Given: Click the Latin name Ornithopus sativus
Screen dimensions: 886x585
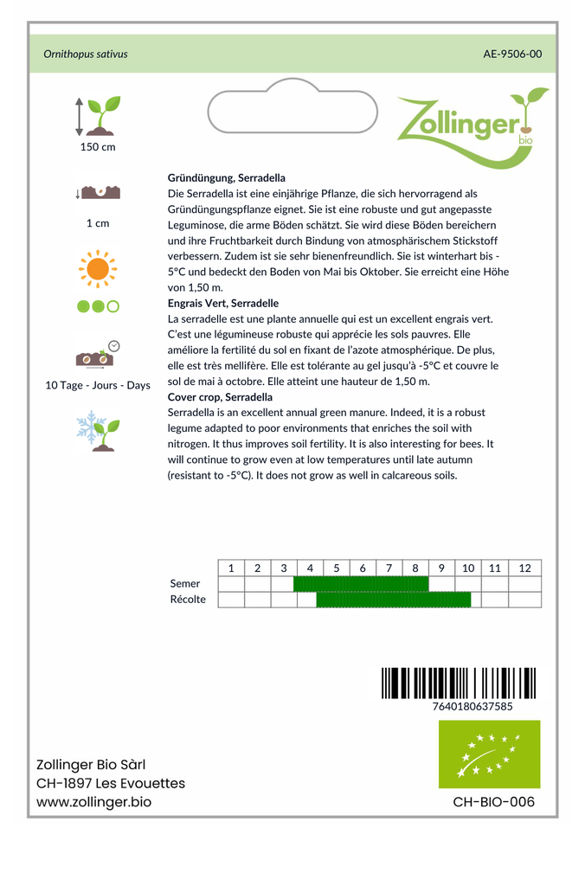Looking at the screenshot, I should pyautogui.click(x=86, y=54).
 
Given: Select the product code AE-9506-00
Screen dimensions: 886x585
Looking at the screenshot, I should pyautogui.click(x=512, y=54).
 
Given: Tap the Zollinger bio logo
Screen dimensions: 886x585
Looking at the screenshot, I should pyautogui.click(x=472, y=125).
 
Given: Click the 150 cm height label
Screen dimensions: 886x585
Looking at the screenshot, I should pyautogui.click(x=98, y=147).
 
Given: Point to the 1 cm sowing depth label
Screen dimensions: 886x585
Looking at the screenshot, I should pyautogui.click(x=98, y=223).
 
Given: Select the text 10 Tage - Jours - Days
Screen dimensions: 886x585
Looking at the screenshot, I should pyautogui.click(x=98, y=385).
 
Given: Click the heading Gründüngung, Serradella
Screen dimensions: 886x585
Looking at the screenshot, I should pyautogui.click(x=227, y=177).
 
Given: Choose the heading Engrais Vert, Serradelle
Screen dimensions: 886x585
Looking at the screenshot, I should pyautogui.click(x=223, y=304).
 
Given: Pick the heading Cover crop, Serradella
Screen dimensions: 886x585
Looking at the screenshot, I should pyautogui.click(x=220, y=397).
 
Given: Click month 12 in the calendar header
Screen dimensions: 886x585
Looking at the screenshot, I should pyautogui.click(x=524, y=568).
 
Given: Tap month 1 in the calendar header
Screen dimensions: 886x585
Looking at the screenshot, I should pyautogui.click(x=231, y=568).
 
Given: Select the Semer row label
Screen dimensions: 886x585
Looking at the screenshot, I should pyautogui.click(x=185, y=584).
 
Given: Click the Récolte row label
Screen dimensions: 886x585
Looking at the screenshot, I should pyautogui.click(x=188, y=600).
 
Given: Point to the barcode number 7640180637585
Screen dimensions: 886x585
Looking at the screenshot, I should pyautogui.click(x=472, y=706).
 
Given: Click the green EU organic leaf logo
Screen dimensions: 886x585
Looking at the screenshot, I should pyautogui.click(x=489, y=754).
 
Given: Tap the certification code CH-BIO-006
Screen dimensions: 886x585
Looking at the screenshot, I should pyautogui.click(x=493, y=802).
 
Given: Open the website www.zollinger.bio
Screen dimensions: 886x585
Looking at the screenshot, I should pyautogui.click(x=94, y=802).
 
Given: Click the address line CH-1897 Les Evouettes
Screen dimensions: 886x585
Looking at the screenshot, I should pyautogui.click(x=111, y=783).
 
